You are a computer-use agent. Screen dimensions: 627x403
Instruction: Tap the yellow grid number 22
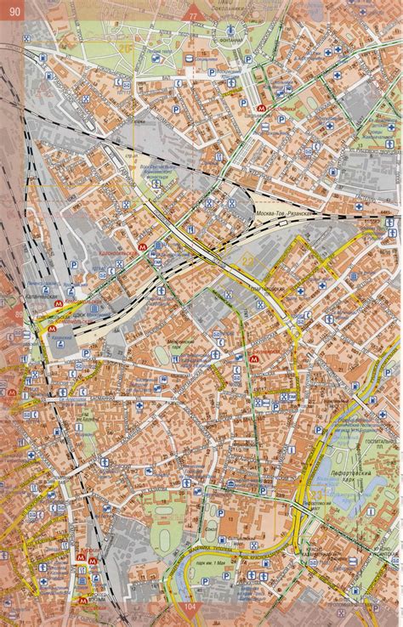tap(248, 262)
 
